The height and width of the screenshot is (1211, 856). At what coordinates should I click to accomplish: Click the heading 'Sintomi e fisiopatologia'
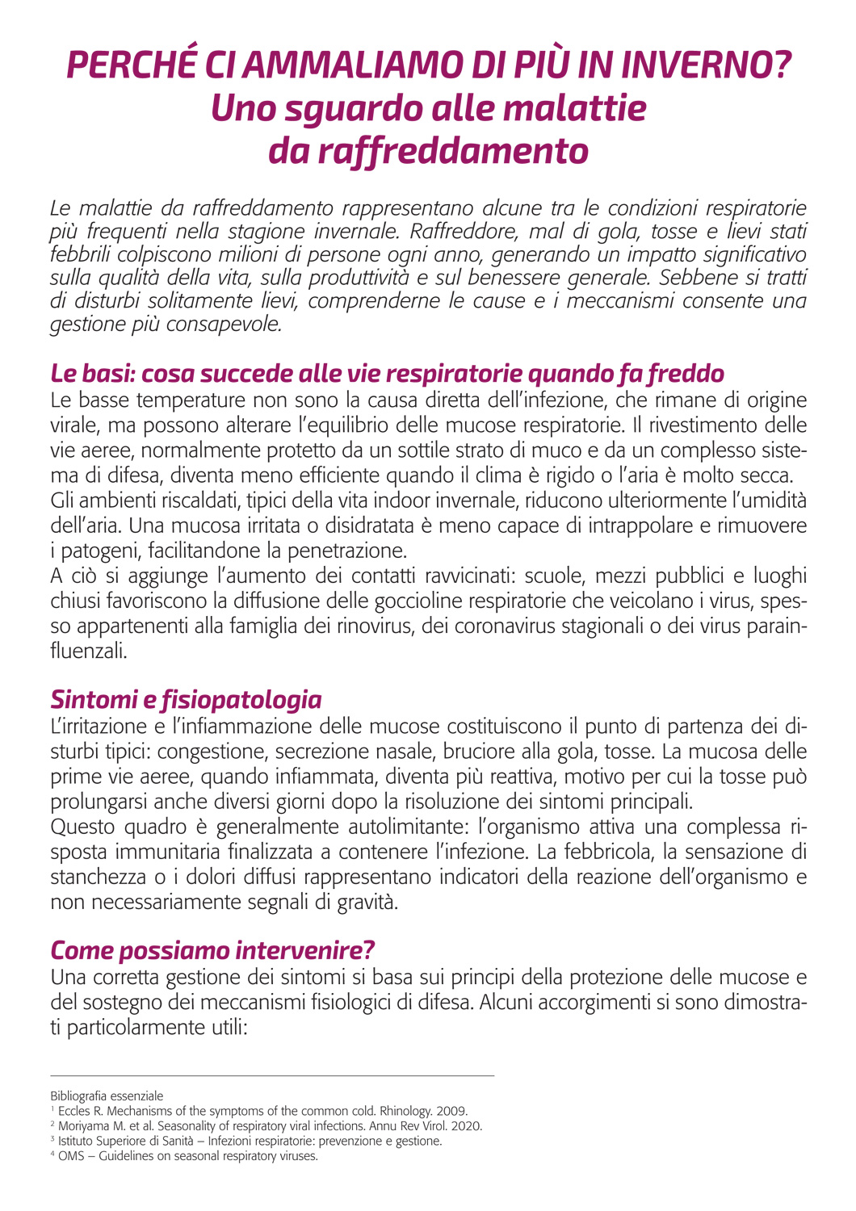click(x=186, y=699)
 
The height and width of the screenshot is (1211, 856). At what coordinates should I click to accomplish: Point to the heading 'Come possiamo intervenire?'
click(x=212, y=950)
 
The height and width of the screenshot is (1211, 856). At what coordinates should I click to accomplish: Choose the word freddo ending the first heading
click(x=686, y=374)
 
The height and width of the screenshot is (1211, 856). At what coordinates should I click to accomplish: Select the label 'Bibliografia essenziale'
click(x=107, y=1096)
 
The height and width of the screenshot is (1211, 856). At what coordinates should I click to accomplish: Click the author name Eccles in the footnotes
click(x=74, y=1112)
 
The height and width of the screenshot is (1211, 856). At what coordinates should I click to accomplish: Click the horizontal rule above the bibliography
click(x=272, y=1075)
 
